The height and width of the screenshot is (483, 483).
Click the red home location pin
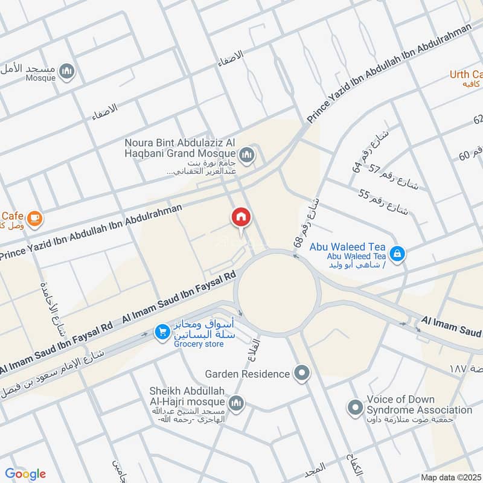click(x=240, y=218)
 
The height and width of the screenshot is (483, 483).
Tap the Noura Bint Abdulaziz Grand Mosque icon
click(x=246, y=156)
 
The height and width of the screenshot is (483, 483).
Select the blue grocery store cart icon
click(x=162, y=331)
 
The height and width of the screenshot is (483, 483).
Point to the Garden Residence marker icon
click(x=301, y=374)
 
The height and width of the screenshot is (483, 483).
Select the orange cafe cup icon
click(x=34, y=218)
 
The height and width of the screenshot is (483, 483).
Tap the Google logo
click(x=25, y=473)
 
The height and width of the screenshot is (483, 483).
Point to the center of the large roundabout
click(x=277, y=292)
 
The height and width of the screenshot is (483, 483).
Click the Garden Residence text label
click(x=248, y=374)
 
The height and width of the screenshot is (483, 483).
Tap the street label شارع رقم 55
click(x=383, y=202)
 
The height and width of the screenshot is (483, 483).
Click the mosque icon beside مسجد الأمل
click(x=68, y=72)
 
